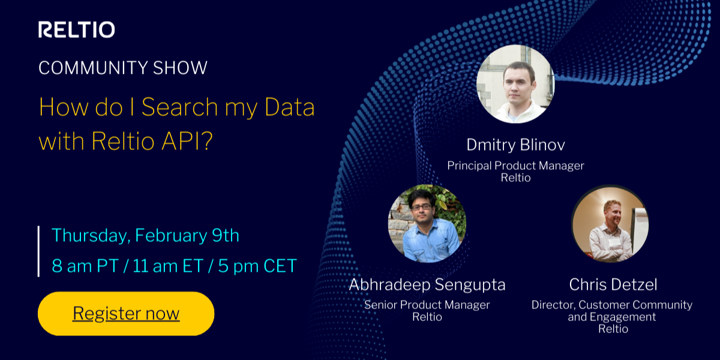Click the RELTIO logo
76,29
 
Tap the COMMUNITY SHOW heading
122,67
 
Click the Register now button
126,313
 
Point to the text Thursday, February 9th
145,235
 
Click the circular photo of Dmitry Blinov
515,84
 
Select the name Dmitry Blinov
515,145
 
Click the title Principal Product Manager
515,165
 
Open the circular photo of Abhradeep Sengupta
427,223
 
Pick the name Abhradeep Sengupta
427,284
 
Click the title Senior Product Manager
427,305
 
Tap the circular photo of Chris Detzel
610,223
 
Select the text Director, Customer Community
611,305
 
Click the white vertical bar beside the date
39,251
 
